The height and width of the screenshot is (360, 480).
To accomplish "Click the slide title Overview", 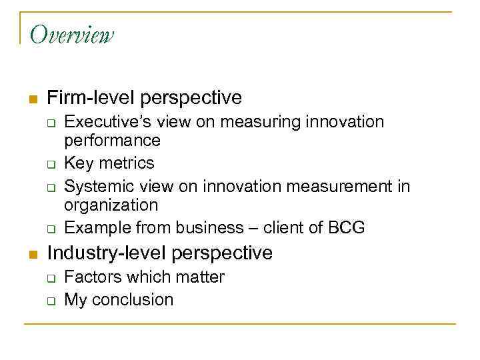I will [x=72, y=34].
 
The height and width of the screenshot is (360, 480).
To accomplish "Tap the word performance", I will [x=112, y=140].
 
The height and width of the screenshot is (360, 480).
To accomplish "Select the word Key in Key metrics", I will [x=77, y=163].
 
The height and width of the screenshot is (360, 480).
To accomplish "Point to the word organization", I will [x=111, y=204].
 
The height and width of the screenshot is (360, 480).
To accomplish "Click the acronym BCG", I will [x=346, y=227].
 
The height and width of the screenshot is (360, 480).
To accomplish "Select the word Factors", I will [x=92, y=277].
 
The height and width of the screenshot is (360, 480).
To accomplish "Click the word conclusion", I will [x=133, y=299].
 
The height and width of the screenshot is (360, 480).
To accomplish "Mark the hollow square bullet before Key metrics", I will [x=51, y=164].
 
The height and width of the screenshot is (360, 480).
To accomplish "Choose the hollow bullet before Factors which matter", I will [x=51, y=277].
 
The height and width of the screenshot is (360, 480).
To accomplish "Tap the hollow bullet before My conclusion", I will [x=51, y=300].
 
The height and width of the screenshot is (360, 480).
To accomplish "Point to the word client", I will [x=285, y=227].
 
